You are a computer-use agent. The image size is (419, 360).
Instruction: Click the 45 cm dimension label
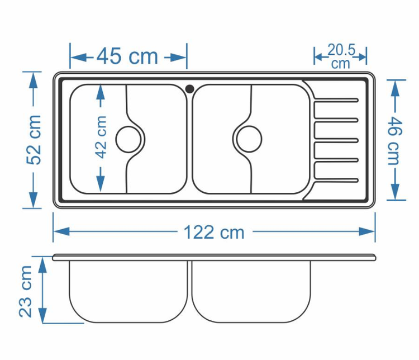click(x=127, y=56)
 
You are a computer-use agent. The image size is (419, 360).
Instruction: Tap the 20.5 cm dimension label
click(x=341, y=56)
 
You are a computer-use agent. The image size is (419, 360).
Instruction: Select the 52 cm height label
click(x=34, y=140)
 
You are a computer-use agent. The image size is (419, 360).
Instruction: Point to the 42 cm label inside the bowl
click(x=101, y=137)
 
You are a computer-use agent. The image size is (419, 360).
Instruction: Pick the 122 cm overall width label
click(x=214, y=232)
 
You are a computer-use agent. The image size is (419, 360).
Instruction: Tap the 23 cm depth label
click(x=25, y=291)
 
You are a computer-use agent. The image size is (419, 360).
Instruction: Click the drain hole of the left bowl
click(x=128, y=139)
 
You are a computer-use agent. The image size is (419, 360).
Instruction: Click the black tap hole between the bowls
click(x=190, y=88)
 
